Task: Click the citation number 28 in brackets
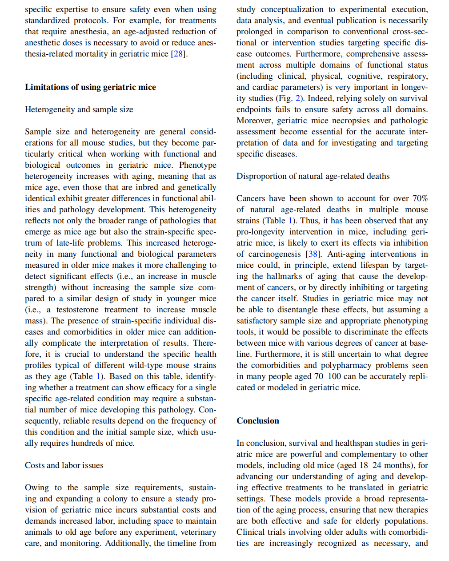(x=178, y=54)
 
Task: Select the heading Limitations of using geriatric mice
(x=90, y=87)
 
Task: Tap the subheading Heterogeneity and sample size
(x=79, y=109)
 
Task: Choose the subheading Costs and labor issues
(x=64, y=465)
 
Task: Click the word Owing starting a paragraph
(x=37, y=488)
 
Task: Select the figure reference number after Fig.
(x=297, y=98)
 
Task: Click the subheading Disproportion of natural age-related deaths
(x=313, y=176)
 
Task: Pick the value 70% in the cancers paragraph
(x=420, y=198)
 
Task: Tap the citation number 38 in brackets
(x=313, y=254)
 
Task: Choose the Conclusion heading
(x=258, y=421)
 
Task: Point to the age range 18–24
(x=370, y=465)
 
